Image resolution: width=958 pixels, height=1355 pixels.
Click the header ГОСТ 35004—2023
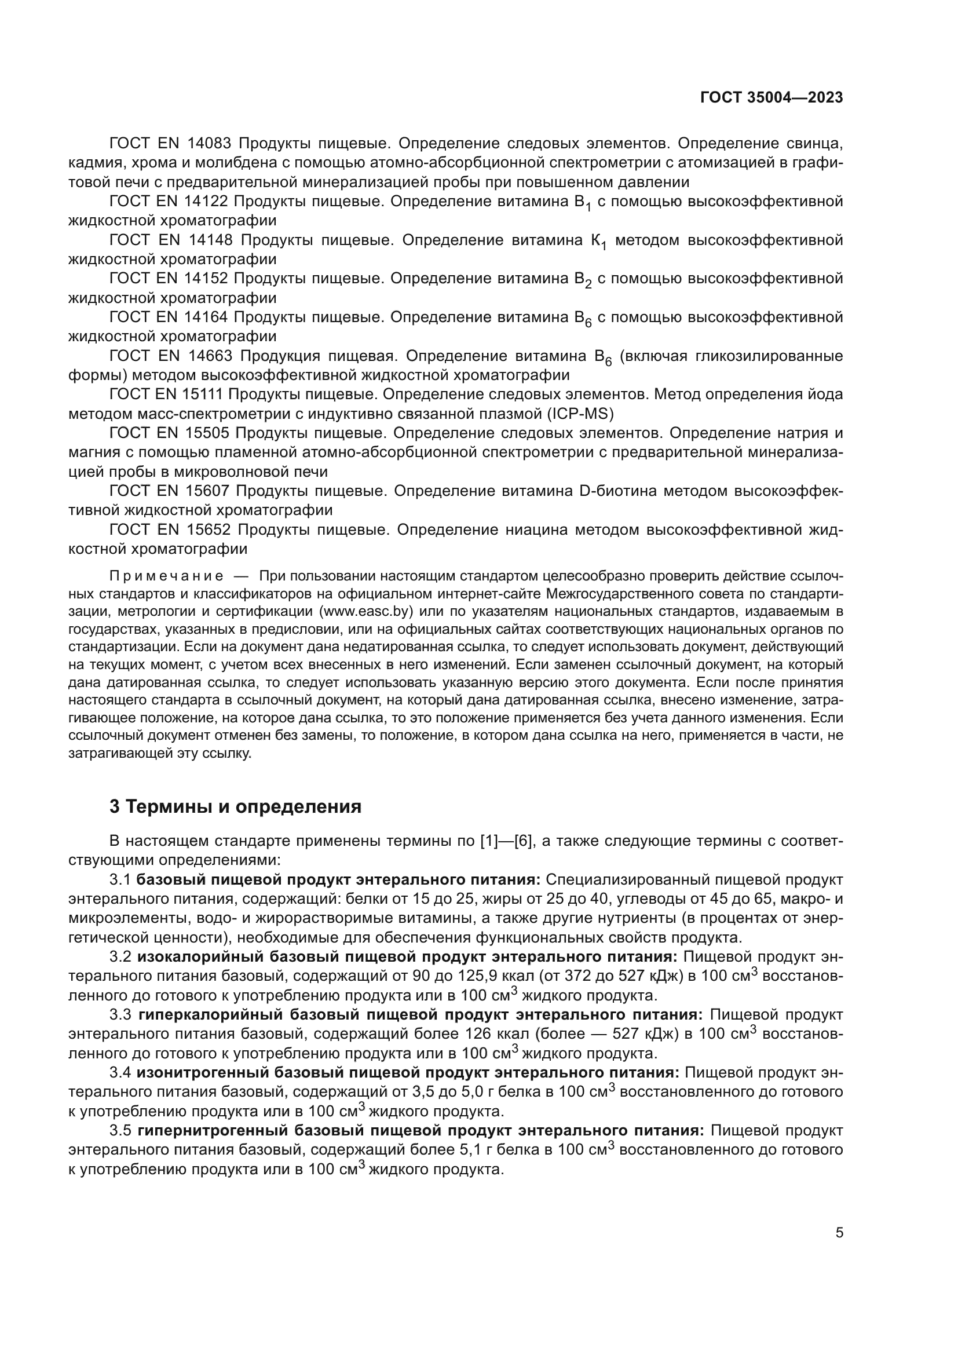(x=771, y=98)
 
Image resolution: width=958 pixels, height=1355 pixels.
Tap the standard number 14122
(x=205, y=202)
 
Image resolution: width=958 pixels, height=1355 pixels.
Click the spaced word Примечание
(x=166, y=576)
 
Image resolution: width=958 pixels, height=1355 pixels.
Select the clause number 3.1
(x=120, y=880)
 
